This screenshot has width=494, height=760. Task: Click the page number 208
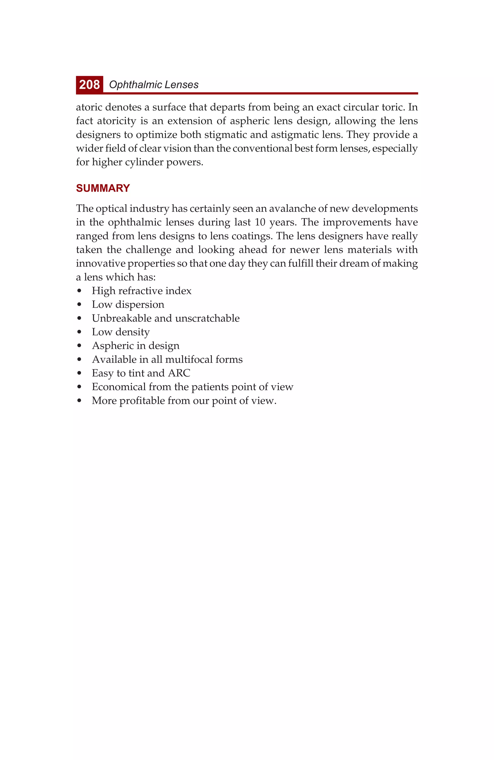(x=89, y=85)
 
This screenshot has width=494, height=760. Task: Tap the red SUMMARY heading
(x=103, y=188)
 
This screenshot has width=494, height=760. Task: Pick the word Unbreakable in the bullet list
(x=122, y=318)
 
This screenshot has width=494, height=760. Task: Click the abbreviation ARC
(x=179, y=373)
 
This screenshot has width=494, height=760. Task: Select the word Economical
(x=118, y=387)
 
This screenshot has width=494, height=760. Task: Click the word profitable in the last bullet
(x=142, y=401)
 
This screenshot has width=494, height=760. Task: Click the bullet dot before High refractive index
(x=79, y=291)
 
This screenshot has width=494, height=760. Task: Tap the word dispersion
(x=140, y=305)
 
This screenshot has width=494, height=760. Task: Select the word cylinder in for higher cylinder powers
(x=144, y=162)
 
